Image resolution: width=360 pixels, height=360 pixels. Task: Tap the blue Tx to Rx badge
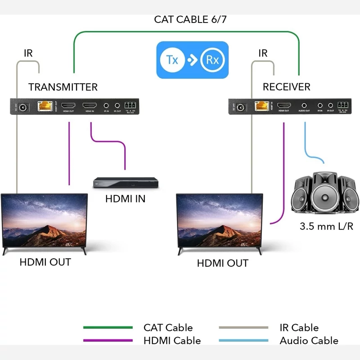tap(192, 60)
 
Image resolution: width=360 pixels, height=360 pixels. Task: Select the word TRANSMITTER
tap(63, 87)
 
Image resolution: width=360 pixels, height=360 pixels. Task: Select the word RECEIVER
tap(287, 87)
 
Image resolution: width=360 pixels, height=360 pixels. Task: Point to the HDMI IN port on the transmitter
tap(89, 107)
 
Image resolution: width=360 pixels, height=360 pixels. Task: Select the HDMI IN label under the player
tap(125, 198)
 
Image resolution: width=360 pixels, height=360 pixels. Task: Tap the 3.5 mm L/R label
tap(326, 226)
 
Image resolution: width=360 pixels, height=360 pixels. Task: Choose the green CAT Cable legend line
tap(108, 328)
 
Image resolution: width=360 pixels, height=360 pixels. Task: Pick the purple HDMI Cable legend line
tap(108, 341)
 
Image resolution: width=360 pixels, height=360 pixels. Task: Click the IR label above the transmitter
tap(28, 53)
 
